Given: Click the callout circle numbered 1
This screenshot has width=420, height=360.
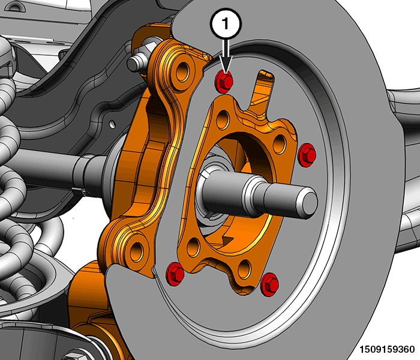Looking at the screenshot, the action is coord(226,23).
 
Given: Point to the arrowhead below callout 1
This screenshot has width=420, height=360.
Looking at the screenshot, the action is coord(226,64).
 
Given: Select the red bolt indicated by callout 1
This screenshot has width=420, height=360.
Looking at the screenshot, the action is coord(224,81).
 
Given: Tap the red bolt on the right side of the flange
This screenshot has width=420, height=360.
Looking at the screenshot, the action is coord(307,155).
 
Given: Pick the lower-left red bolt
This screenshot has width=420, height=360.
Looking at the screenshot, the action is coord(175,274).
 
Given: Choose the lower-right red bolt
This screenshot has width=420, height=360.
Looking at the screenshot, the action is coord(269,284).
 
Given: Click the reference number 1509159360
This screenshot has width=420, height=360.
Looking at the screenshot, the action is coord(387,350).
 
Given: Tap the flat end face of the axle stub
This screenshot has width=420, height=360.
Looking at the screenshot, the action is coord(310,201).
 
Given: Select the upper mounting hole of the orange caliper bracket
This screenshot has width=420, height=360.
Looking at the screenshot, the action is coord(182,71).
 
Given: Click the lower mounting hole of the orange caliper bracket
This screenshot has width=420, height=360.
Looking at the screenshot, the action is coord(137,251).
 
